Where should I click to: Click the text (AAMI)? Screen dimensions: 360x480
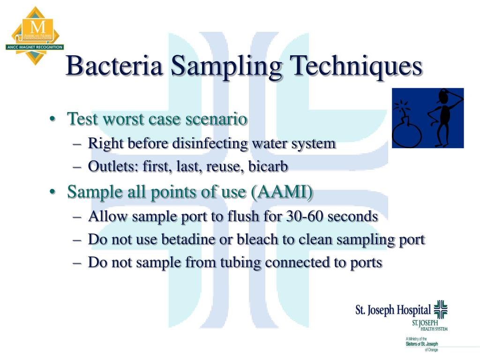282,192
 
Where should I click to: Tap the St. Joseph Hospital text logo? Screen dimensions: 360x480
393,310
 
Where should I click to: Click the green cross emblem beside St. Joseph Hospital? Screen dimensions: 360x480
441,309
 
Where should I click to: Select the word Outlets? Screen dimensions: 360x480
111,166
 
